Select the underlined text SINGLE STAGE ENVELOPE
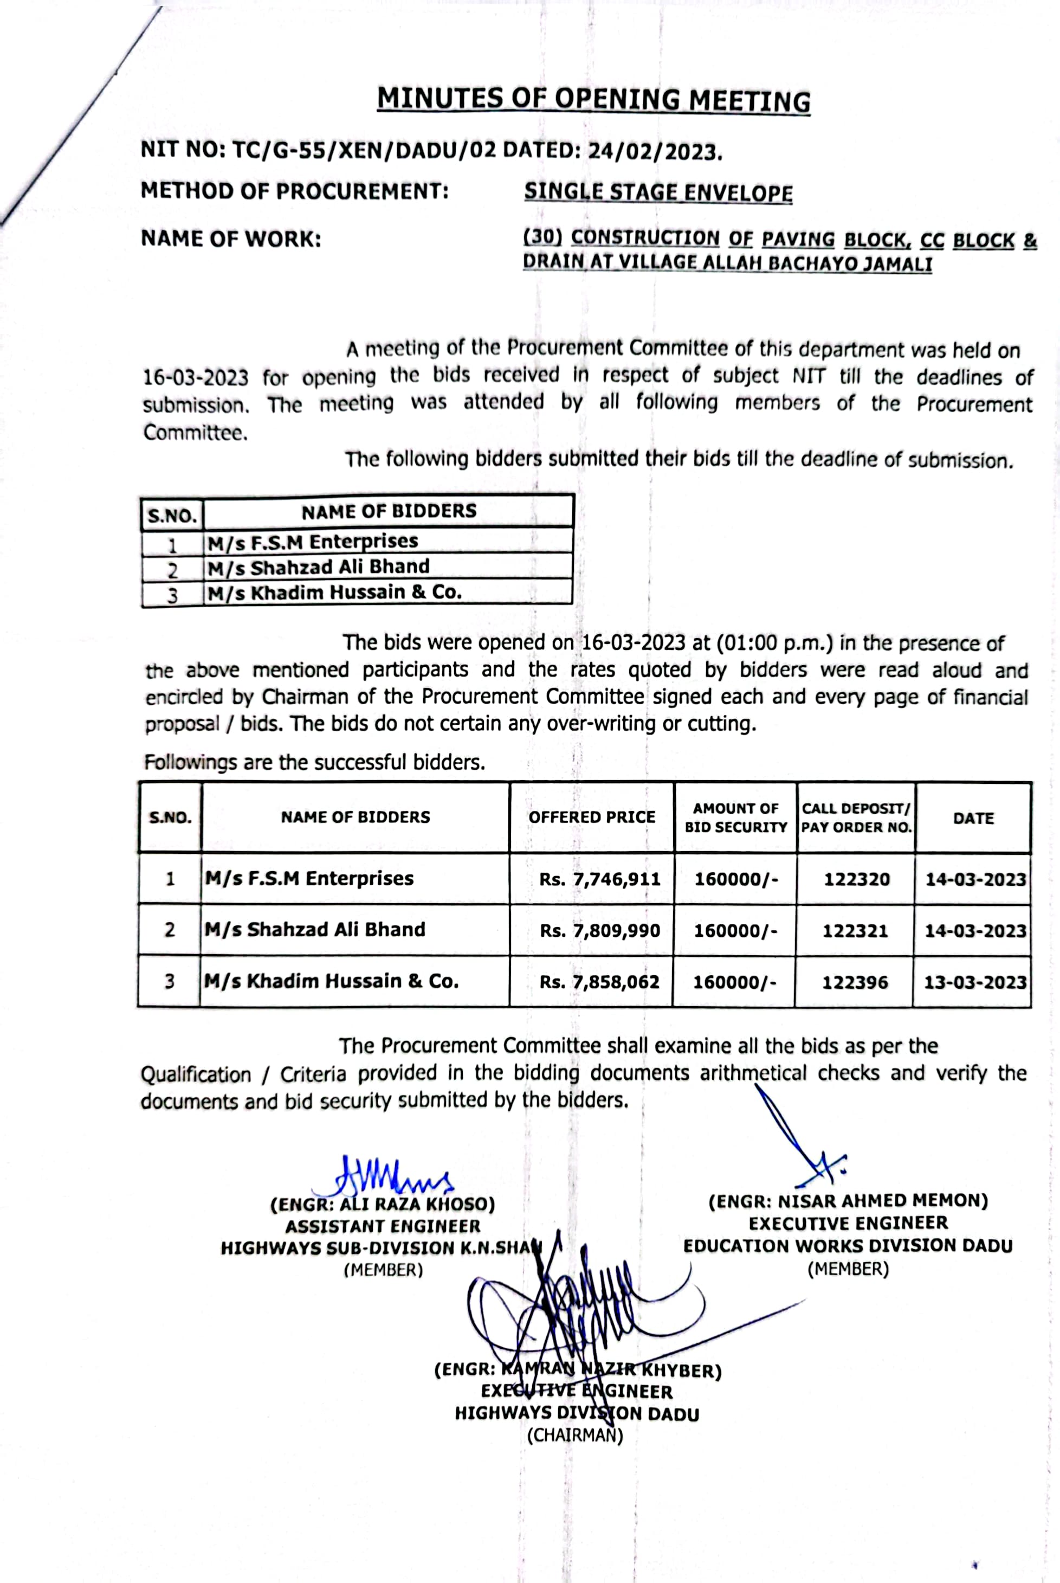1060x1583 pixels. click(658, 192)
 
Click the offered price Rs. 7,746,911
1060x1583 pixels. click(599, 879)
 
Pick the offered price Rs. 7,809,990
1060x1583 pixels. click(599, 930)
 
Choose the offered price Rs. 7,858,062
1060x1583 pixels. click(599, 982)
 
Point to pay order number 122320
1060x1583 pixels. click(857, 879)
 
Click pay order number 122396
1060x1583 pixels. click(855, 982)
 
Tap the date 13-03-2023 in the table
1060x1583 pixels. click(975, 982)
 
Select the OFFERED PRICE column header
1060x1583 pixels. click(592, 817)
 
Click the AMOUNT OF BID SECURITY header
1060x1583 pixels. click(735, 818)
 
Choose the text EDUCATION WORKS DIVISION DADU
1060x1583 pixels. click(848, 1246)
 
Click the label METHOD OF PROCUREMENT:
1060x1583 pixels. click(295, 191)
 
